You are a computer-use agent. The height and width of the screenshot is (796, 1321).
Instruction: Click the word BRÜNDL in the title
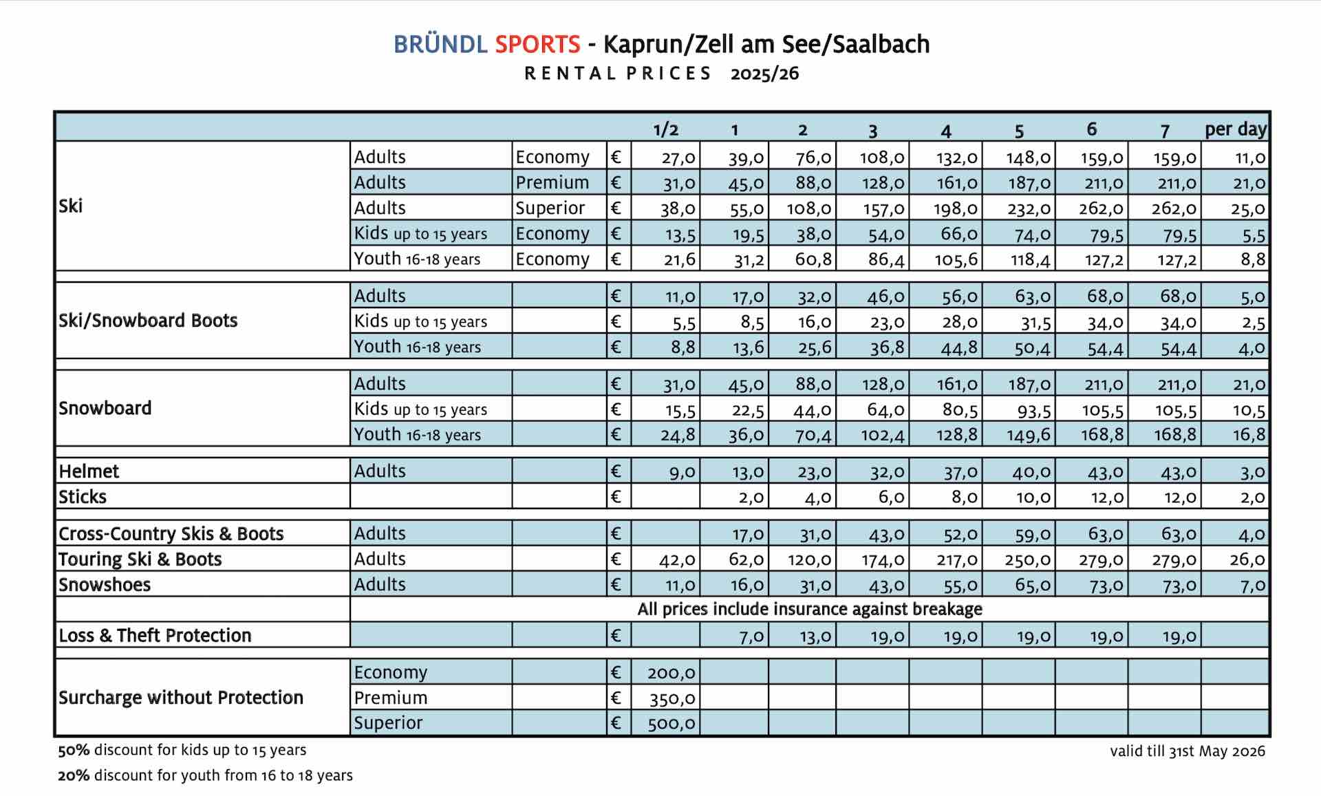(x=440, y=45)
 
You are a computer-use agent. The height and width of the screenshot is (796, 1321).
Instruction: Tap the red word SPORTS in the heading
(x=537, y=45)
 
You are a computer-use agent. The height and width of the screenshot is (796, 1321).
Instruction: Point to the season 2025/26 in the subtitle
(x=764, y=74)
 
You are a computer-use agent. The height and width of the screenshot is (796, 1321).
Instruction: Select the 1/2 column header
(x=665, y=129)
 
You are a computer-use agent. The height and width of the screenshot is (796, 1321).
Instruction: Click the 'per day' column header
(x=1235, y=129)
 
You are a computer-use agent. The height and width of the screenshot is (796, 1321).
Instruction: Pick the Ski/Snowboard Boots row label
(x=148, y=321)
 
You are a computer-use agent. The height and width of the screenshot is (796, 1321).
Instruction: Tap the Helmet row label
(x=89, y=471)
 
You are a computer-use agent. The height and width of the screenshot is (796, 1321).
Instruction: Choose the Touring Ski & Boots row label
(x=140, y=559)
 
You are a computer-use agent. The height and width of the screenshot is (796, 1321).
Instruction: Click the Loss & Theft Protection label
(x=155, y=635)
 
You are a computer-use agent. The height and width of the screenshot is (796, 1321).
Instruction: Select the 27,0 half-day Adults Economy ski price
(x=678, y=158)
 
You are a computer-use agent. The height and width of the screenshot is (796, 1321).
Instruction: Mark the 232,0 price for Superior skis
(x=1029, y=209)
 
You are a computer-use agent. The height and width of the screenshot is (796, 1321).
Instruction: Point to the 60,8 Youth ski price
(x=813, y=260)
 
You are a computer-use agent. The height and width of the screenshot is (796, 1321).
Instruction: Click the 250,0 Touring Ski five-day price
(x=1027, y=560)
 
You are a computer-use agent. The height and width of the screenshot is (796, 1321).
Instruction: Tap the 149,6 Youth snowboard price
(x=1029, y=435)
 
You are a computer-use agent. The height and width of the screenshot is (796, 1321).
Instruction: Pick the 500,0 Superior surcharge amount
(x=671, y=724)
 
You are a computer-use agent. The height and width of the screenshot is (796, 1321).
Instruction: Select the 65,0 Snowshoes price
(x=1032, y=585)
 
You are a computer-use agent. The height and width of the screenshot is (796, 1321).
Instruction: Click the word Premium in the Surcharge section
(x=390, y=698)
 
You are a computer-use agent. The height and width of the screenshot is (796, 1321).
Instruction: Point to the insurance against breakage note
(x=809, y=610)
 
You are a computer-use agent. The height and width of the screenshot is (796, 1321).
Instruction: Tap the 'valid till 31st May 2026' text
(x=1187, y=751)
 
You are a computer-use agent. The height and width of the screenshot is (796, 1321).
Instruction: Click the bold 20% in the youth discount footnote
(x=74, y=775)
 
